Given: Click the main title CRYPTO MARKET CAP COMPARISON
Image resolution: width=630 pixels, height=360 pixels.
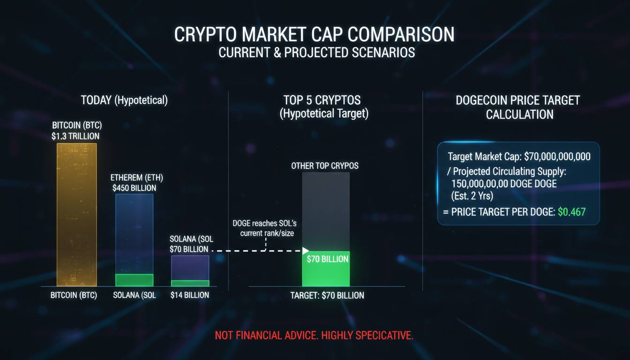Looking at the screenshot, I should coord(315,35).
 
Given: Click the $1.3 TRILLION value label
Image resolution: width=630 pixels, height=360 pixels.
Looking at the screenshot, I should coord(76,136).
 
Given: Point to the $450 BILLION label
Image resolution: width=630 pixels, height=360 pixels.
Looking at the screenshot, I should coord(135,188).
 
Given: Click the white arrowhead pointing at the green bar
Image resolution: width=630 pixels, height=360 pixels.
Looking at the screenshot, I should coord(305,251).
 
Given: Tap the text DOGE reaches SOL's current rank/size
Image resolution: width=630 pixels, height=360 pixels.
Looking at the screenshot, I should coord(264,228).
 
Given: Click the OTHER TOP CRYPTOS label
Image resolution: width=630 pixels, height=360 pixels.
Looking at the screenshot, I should coord(325,166).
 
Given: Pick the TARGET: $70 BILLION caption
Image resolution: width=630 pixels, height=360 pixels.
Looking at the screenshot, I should coord(327,295).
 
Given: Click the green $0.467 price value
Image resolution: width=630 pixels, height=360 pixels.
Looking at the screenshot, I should coord(571,212).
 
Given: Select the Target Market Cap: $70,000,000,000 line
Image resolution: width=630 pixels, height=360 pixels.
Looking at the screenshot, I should coord(519,157).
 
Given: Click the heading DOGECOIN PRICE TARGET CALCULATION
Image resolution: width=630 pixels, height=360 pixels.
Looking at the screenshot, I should coord(517,107).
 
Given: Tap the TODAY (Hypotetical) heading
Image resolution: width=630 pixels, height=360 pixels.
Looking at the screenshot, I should coord(124,100).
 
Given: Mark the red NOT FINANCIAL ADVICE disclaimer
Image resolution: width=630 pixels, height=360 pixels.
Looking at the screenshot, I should coord(314,336).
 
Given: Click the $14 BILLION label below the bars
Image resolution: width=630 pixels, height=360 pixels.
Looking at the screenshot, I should coord(189,295).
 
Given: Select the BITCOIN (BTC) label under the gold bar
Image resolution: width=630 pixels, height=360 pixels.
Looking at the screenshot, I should coord(74,295).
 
